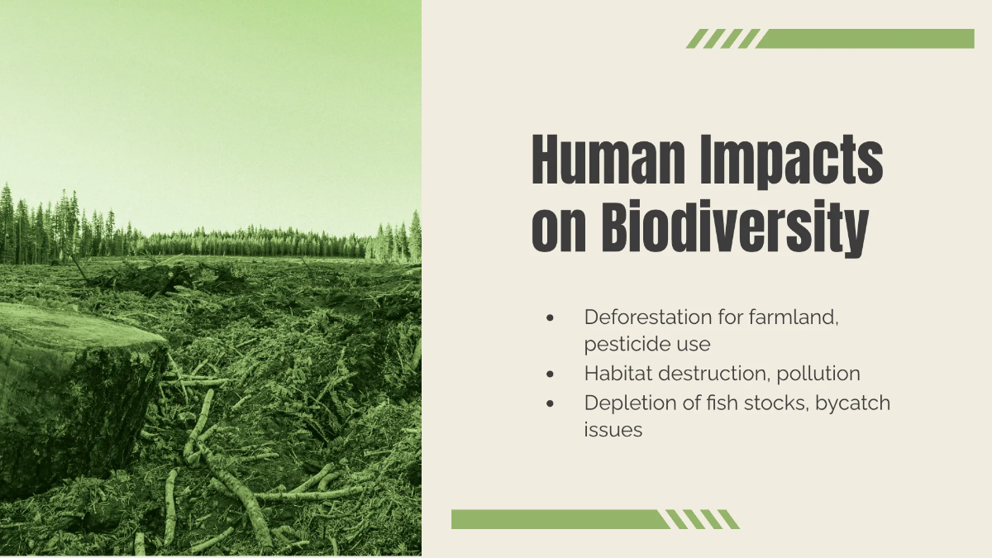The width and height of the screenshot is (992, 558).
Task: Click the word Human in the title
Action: coord(605,161)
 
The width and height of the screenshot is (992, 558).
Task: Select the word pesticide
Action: coord(624,342)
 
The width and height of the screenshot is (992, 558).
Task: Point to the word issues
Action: coord(613,430)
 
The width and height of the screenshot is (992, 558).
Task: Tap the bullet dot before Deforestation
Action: coord(551,317)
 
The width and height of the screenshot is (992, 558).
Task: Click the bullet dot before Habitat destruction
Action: coord(551,374)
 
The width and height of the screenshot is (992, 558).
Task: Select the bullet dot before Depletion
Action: coord(551,403)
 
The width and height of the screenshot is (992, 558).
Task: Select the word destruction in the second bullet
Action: coord(713,374)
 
